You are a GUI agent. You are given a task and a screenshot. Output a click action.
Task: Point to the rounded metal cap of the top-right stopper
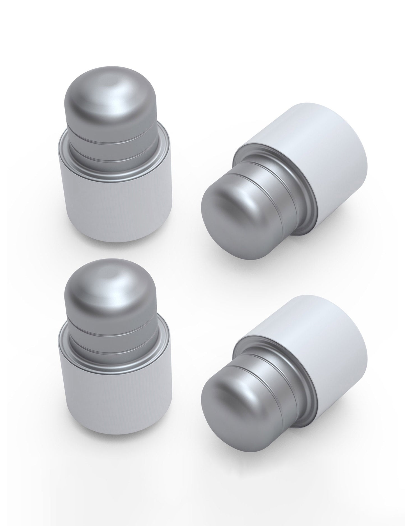tap(227, 216)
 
